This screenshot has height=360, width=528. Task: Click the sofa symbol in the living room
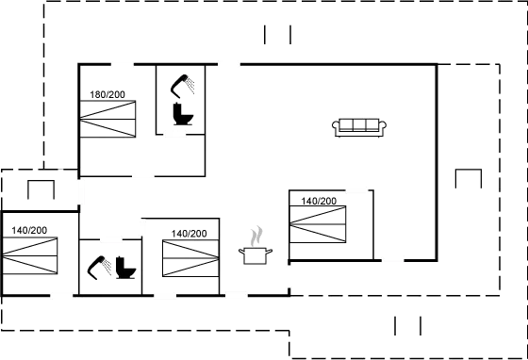coord(360,126)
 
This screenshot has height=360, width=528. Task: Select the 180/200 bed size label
coord(107,95)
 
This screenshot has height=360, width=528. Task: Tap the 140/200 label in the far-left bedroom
coord(28,229)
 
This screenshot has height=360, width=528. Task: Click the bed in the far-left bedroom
coord(31,254)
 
